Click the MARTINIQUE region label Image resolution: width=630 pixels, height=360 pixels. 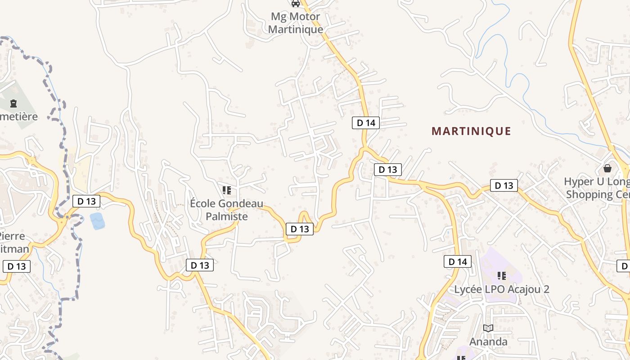point(471,131)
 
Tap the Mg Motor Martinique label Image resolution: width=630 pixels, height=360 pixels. point(296,23)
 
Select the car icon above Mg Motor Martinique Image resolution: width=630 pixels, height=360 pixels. point(296,4)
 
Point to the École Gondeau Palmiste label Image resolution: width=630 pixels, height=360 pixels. point(226,210)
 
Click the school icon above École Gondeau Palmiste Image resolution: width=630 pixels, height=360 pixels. point(227,190)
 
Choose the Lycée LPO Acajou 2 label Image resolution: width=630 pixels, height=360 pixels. point(502,289)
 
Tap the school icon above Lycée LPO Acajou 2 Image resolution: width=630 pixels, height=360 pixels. point(502,275)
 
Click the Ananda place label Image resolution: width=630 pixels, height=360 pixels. point(488,342)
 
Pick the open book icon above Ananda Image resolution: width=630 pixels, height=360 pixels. point(488,328)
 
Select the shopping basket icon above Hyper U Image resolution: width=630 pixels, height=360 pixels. point(607,168)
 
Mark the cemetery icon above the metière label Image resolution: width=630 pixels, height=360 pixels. point(13,103)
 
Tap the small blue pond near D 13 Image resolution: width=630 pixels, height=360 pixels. point(97,221)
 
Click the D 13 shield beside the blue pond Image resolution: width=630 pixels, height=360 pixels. point(86,201)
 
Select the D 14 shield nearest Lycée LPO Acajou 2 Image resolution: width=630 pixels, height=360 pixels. point(458,261)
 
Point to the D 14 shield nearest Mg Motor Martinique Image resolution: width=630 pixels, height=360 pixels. point(366,122)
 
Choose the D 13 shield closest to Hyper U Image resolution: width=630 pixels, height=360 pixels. point(504,185)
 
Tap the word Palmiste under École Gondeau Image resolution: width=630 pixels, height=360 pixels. point(226,216)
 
